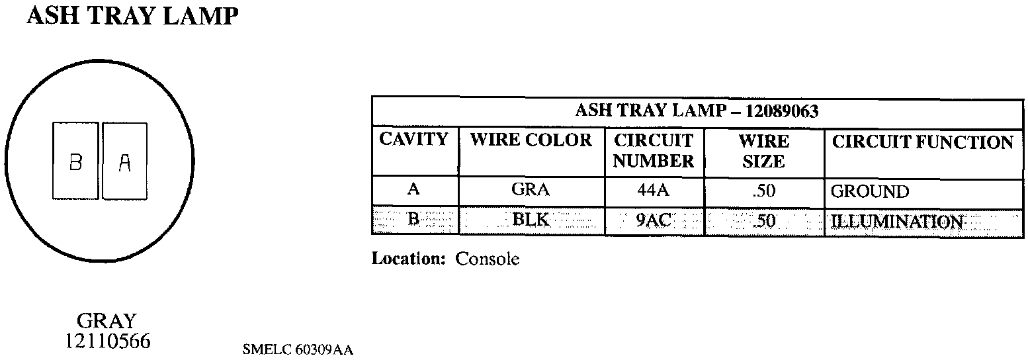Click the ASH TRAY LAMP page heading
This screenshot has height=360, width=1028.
[x=131, y=17]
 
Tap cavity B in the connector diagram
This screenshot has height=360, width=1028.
[x=75, y=161]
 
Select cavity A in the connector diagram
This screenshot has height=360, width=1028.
[x=125, y=161]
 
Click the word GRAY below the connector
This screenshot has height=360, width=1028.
[x=107, y=322]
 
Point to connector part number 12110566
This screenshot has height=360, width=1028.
[x=107, y=341]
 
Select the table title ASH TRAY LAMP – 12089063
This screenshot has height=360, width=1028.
[x=697, y=111]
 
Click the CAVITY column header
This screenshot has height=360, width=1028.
[x=414, y=140]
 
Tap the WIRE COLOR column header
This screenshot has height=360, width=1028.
[x=531, y=140]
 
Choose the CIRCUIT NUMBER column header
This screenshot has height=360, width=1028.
[x=654, y=151]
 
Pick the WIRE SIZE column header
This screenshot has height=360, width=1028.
[x=763, y=151]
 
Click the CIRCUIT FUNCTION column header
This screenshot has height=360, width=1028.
[x=922, y=142]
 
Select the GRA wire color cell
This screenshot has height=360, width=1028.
[x=531, y=191]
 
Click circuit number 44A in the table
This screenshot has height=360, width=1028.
[x=654, y=191]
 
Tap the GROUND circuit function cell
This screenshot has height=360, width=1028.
[x=869, y=192]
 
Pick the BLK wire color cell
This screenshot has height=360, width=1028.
[x=531, y=220]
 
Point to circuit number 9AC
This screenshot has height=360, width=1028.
[x=654, y=220]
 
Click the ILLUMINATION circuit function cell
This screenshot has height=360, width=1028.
[x=896, y=221]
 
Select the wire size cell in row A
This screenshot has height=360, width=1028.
[x=763, y=191]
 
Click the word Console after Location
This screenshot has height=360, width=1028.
[x=487, y=259]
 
